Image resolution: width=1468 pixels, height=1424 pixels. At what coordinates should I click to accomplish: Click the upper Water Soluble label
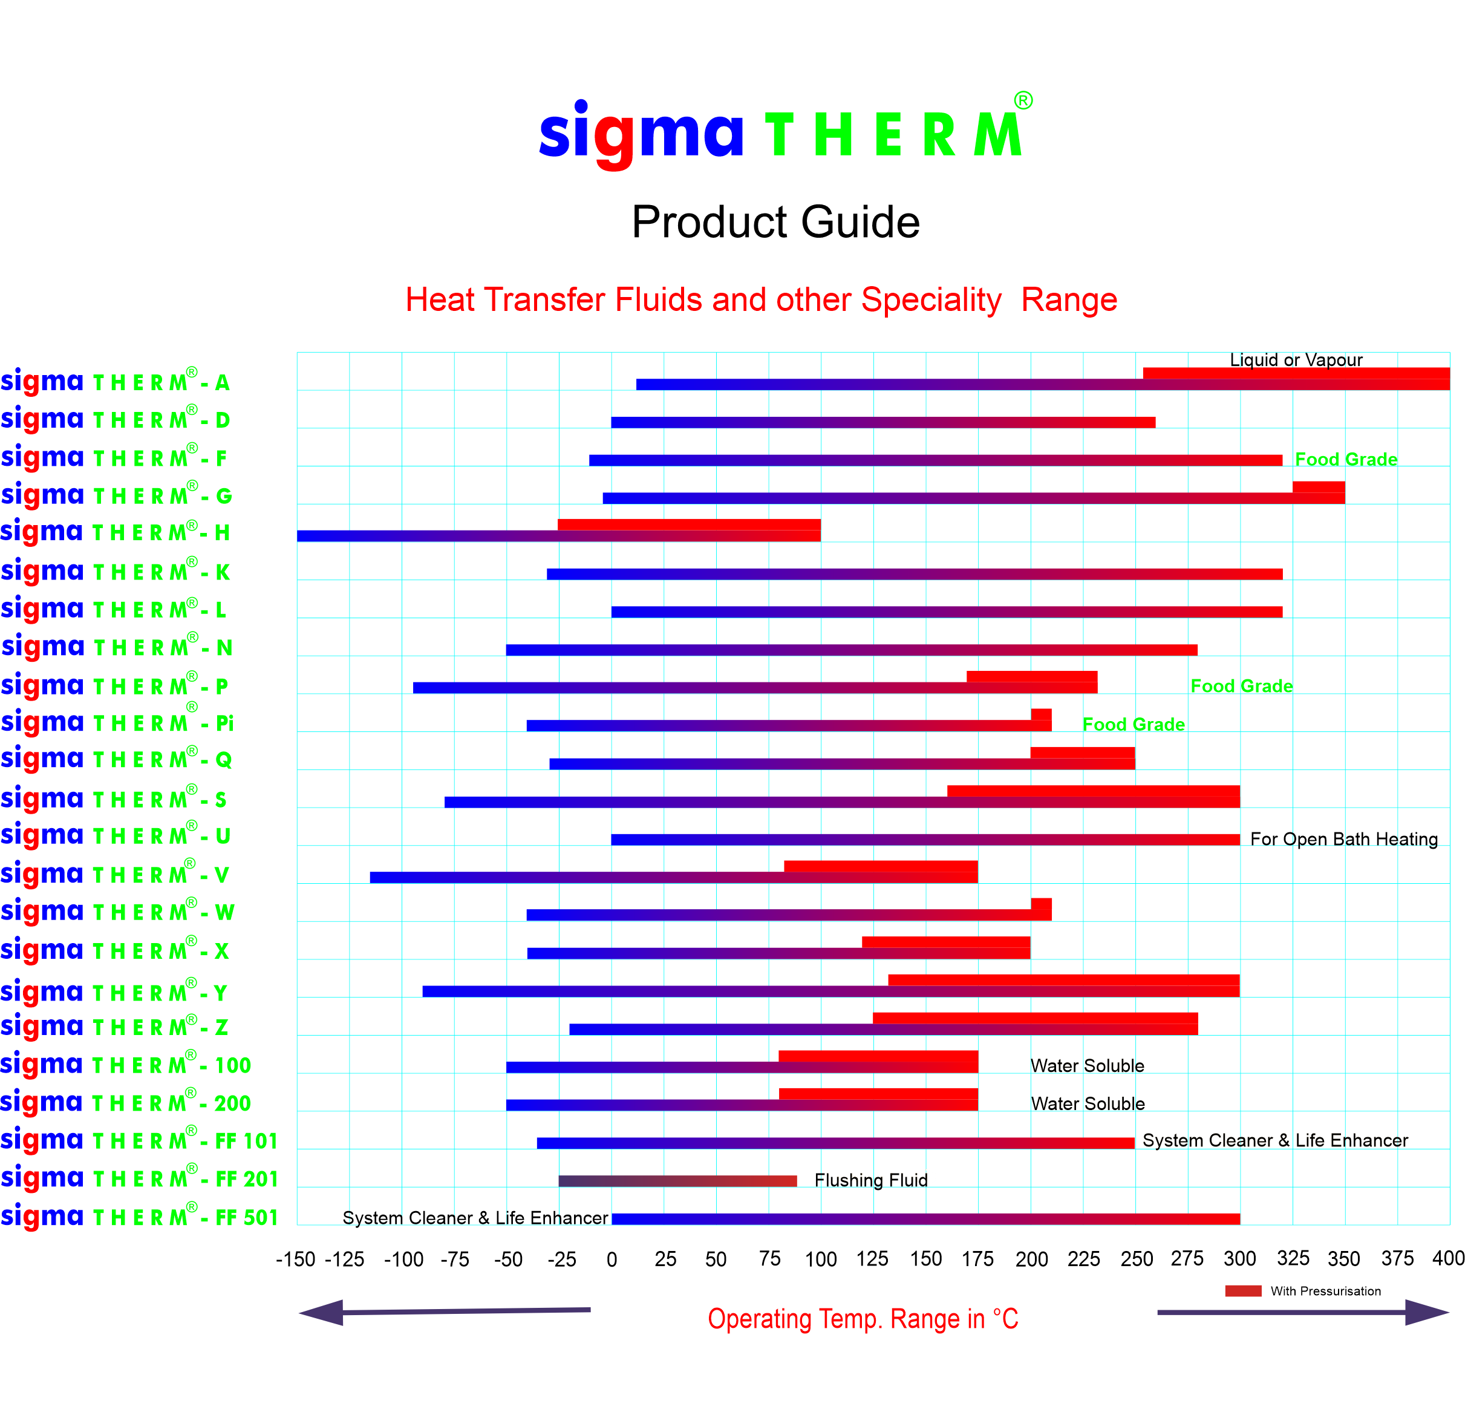click(1088, 1066)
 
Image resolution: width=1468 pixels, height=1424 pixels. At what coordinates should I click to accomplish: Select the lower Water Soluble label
click(1088, 1104)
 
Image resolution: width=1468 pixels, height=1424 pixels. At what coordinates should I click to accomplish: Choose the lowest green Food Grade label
click(1135, 721)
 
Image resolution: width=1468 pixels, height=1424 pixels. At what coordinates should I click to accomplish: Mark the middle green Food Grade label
click(1242, 682)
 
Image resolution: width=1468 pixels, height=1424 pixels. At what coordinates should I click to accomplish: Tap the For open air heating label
click(1345, 834)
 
